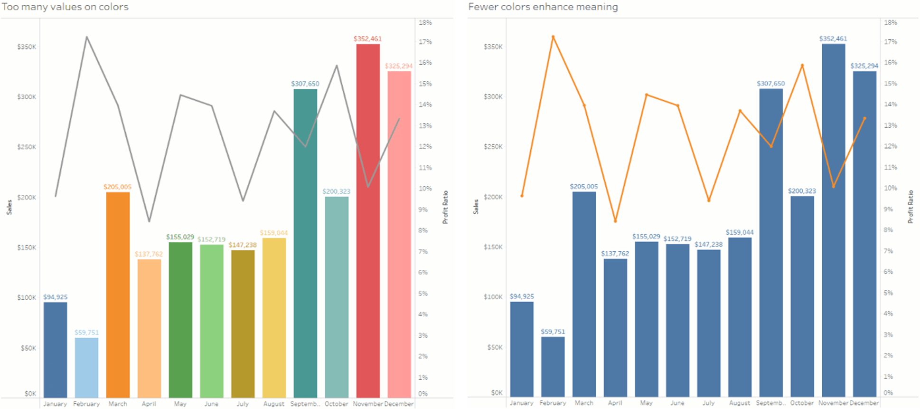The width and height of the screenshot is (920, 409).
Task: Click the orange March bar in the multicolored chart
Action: point(118,295)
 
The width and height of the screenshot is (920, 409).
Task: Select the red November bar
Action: point(368,221)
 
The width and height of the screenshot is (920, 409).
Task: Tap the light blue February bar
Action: point(86,368)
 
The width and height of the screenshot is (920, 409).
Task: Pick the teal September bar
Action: point(305,243)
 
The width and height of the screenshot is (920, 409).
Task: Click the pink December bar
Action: point(399,234)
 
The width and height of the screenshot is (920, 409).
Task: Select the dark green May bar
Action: point(180,320)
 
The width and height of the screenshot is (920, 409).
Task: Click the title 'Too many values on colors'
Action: point(65,7)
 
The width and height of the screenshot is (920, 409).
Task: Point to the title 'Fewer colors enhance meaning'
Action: point(543,7)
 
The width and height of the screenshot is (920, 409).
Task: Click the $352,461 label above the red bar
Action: point(367,38)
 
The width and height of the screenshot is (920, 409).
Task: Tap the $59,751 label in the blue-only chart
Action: point(553,332)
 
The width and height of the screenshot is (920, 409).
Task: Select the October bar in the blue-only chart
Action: point(802,296)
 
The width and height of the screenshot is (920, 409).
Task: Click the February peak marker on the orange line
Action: point(553,37)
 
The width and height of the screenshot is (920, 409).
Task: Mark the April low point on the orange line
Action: point(615,221)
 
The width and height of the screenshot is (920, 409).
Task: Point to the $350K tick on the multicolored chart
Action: point(27,47)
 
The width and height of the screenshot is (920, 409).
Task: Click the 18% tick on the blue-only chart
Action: point(891,22)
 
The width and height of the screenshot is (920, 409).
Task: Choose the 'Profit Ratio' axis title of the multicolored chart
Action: point(445,207)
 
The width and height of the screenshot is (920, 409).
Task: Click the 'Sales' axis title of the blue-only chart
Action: point(476,207)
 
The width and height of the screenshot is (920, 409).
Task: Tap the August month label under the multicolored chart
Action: point(274,404)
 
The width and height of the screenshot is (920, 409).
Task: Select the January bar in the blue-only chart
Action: point(522,349)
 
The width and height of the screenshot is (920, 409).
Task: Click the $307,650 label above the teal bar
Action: point(305,84)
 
